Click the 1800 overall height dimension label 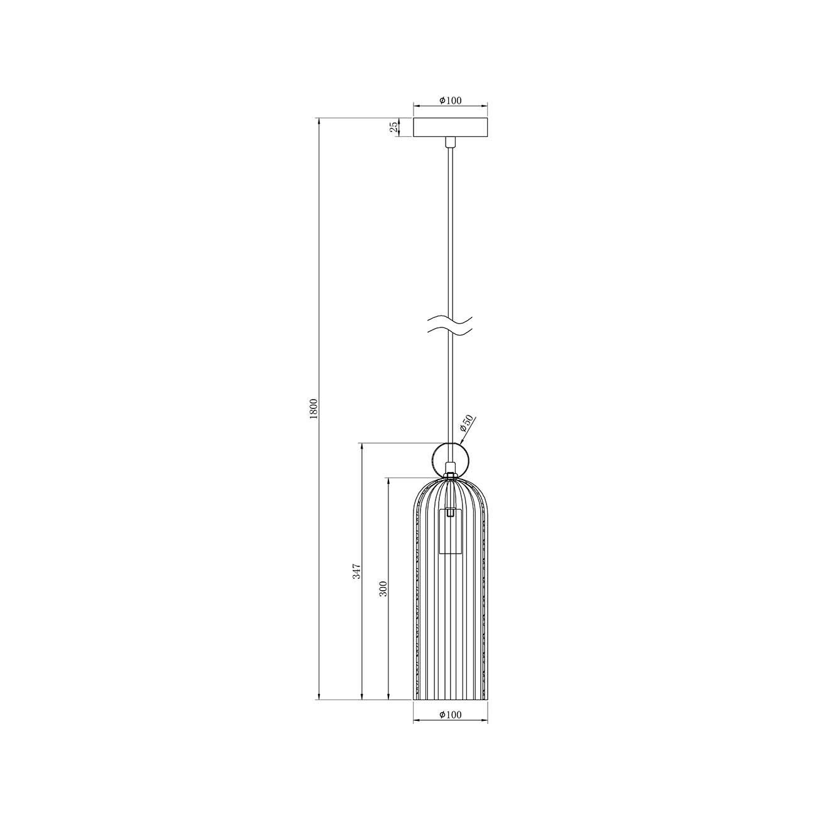(315, 409)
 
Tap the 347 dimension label (356, 571)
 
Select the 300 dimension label (383, 588)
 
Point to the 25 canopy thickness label (393, 128)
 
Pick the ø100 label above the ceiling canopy (451, 100)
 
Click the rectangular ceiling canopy (450, 128)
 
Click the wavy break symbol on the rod (450, 325)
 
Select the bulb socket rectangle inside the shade (450, 531)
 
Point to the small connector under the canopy (450, 142)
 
